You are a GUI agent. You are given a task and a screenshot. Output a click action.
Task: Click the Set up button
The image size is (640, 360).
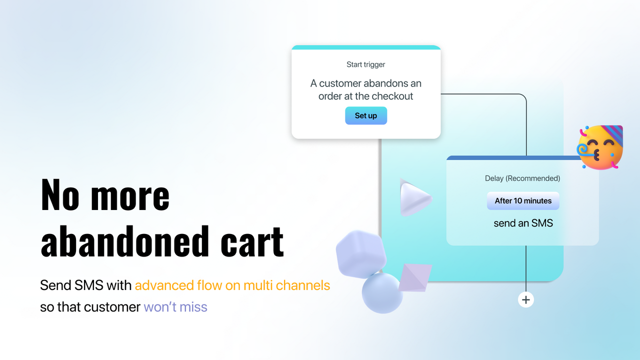(x=366, y=115)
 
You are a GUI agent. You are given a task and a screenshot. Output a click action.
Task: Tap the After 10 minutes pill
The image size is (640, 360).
(x=523, y=201)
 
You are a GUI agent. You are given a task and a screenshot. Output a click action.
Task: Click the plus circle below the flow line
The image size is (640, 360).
(x=525, y=299)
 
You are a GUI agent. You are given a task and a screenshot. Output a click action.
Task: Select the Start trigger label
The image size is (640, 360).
(x=366, y=64)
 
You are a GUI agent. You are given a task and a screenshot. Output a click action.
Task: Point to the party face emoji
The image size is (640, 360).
(x=599, y=148)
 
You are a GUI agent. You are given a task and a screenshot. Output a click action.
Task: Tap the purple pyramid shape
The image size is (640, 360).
(x=415, y=276)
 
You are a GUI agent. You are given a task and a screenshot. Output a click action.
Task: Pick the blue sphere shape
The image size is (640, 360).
(x=382, y=293)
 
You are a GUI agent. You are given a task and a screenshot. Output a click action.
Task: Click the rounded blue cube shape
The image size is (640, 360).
(x=361, y=254)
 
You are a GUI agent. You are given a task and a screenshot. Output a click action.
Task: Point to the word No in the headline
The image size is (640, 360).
(x=60, y=195)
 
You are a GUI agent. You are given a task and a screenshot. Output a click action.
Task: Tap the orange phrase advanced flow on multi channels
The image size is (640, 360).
(x=232, y=285)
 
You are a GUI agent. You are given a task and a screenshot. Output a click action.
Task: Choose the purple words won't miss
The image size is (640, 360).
(x=175, y=306)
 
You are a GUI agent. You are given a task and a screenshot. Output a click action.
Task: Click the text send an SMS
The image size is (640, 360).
(x=523, y=223)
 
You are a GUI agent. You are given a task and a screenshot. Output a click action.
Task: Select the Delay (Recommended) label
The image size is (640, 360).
(x=522, y=178)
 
